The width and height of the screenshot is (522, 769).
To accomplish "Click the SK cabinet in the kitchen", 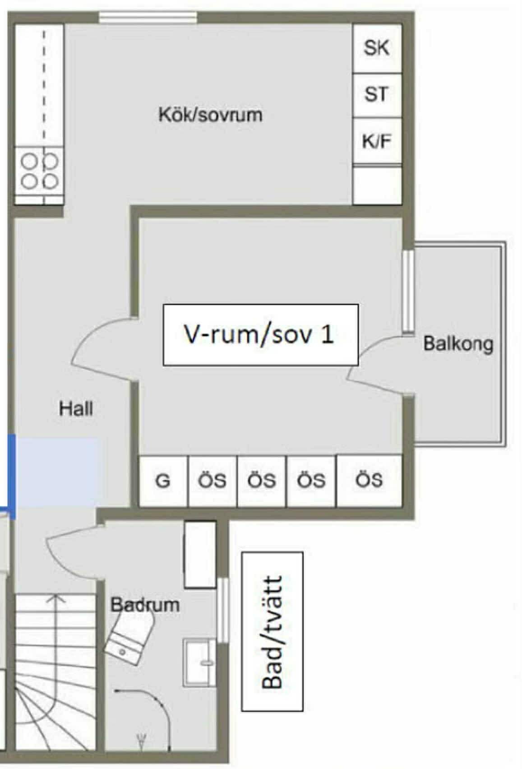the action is [x=377, y=48].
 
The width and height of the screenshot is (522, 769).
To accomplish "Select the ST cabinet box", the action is [x=377, y=95].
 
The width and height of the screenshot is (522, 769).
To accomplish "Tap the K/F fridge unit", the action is [x=377, y=140].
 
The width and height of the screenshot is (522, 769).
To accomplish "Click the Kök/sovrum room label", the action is [x=210, y=114].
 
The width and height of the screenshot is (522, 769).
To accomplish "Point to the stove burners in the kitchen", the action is [x=39, y=171].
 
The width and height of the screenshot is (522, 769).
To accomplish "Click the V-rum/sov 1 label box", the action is [x=260, y=335].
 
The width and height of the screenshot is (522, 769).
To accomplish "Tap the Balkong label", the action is [x=458, y=344].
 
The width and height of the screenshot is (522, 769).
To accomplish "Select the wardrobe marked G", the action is [x=163, y=481].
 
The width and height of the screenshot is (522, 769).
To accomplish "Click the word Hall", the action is [x=76, y=408].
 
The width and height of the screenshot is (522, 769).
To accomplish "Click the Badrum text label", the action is [x=145, y=605].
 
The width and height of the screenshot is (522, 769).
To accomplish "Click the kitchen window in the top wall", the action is [x=148, y=18].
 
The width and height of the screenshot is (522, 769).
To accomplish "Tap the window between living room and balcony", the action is [x=408, y=291].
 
